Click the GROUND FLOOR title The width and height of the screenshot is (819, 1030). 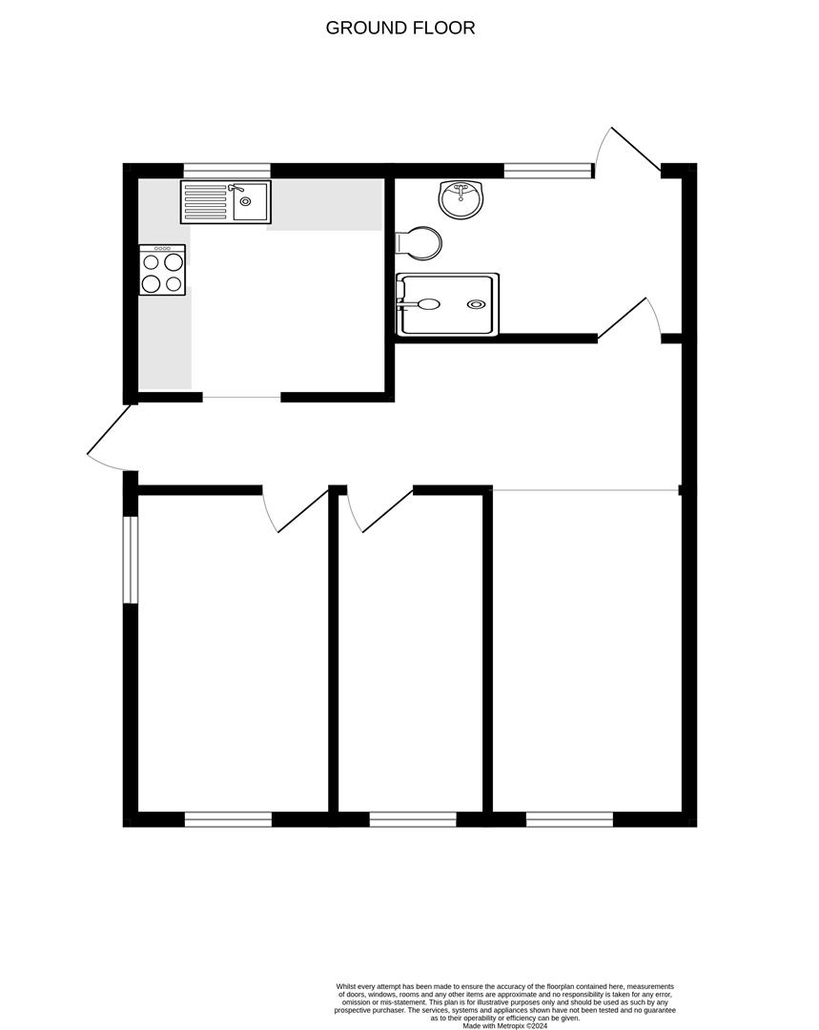[x=400, y=28]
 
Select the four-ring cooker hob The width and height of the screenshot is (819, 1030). [x=162, y=271]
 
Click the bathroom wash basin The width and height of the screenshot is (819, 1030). [x=461, y=197]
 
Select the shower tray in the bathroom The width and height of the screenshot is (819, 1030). [x=448, y=304]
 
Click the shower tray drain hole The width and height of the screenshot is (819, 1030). [x=476, y=304]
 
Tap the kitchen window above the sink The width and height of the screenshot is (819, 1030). [x=227, y=171]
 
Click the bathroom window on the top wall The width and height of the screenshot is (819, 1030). [x=547, y=171]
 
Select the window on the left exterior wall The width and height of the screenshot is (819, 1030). [x=131, y=560]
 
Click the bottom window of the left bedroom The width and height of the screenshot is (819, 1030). [x=228, y=818]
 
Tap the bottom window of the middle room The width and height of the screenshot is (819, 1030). [x=413, y=818]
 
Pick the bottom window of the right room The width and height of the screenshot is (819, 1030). [x=569, y=818]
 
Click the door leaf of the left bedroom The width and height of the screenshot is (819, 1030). [x=302, y=511]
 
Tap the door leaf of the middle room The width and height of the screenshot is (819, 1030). [x=387, y=510]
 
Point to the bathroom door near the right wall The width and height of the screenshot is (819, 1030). [x=622, y=319]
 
